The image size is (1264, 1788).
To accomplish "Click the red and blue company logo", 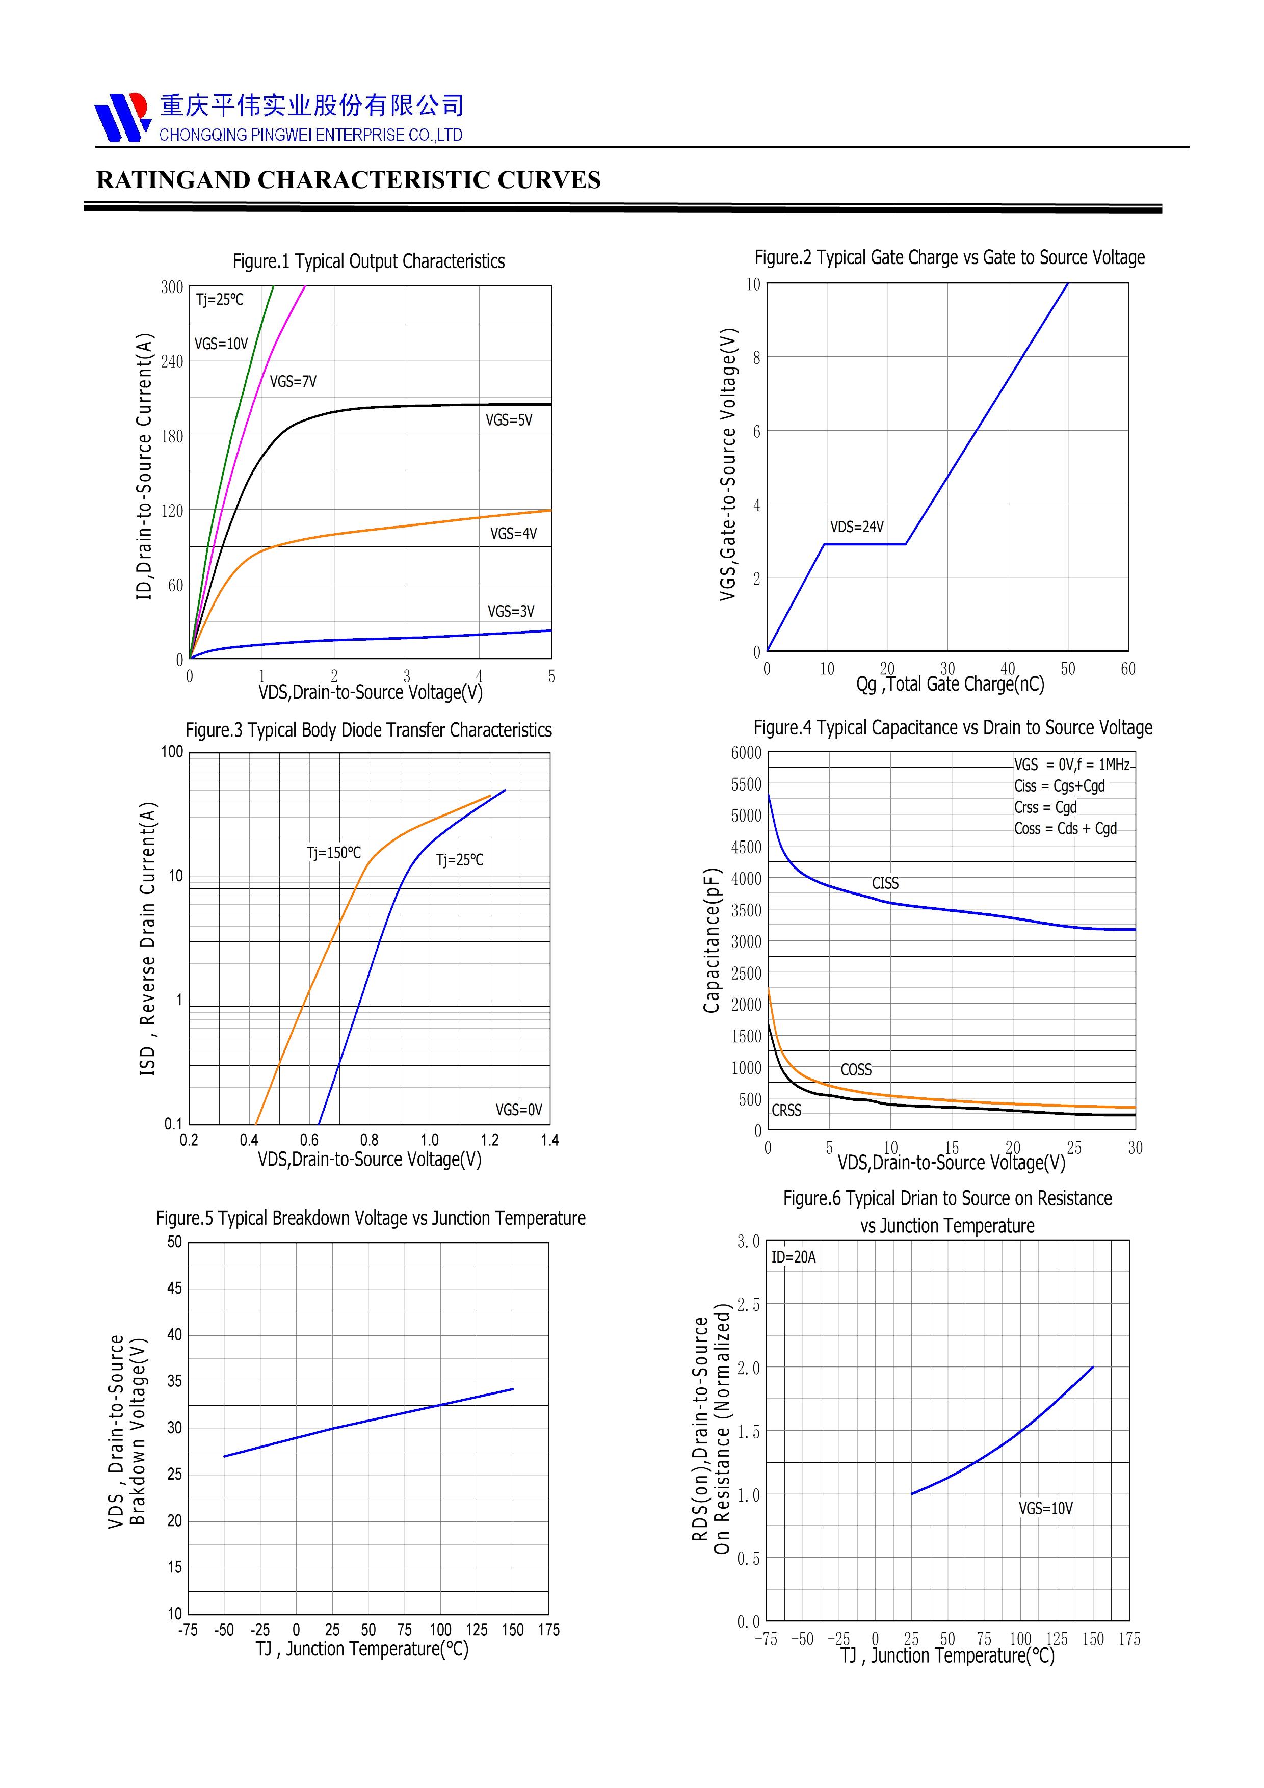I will click(x=122, y=117).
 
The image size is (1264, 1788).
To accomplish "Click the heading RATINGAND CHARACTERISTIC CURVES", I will click(x=348, y=180).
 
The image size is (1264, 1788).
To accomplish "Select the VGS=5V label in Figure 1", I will click(x=509, y=420).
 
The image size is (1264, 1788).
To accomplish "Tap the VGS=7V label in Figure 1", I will click(x=293, y=382).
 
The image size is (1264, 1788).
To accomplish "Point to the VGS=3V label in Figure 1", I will click(x=511, y=611).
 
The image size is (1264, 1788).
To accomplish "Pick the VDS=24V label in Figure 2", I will click(x=857, y=527).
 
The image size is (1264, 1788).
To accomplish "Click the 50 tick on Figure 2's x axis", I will click(x=1068, y=669).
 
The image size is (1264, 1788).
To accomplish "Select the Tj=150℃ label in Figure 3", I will click(x=333, y=853).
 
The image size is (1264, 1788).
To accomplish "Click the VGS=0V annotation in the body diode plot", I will click(x=519, y=1110).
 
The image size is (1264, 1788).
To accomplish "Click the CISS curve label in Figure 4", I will click(x=885, y=883).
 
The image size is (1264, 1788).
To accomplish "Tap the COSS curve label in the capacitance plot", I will click(x=856, y=1070).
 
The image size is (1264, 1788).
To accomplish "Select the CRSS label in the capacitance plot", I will click(x=786, y=1111).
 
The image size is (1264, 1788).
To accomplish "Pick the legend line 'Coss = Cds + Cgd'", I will click(x=1065, y=829).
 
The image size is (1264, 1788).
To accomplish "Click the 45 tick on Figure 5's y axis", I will click(x=174, y=1289).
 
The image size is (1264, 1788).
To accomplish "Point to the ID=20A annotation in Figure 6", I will click(x=793, y=1257).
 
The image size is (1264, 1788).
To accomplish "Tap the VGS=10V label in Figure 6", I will click(x=1045, y=1508).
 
